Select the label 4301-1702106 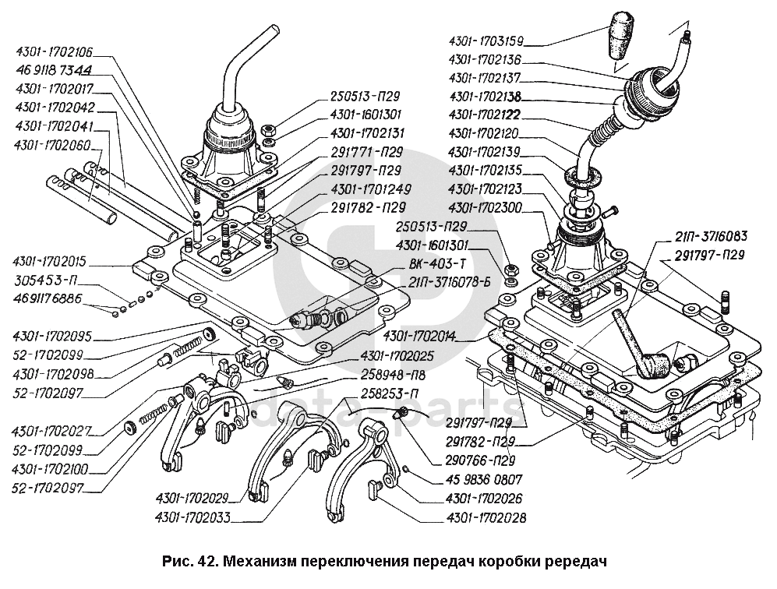pos(54,53)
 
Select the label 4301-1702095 pos(52,337)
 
